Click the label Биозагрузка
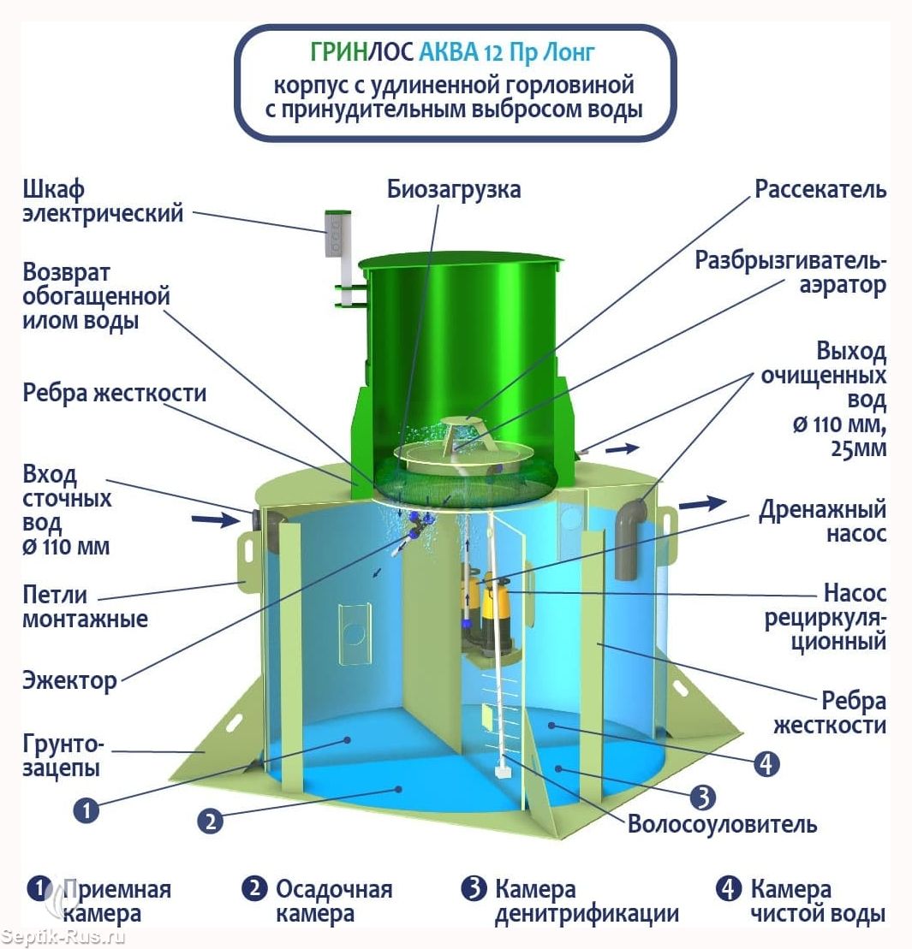(453, 189)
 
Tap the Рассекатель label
(820, 189)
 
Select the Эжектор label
(69, 681)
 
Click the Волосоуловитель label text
(722, 824)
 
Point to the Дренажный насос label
(822, 521)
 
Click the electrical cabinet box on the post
(337, 232)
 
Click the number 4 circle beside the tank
(766, 762)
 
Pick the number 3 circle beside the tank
(701, 797)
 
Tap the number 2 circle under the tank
(211, 821)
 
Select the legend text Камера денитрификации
(587, 901)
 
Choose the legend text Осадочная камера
(333, 901)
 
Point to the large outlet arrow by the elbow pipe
(701, 504)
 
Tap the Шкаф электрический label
(102, 201)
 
